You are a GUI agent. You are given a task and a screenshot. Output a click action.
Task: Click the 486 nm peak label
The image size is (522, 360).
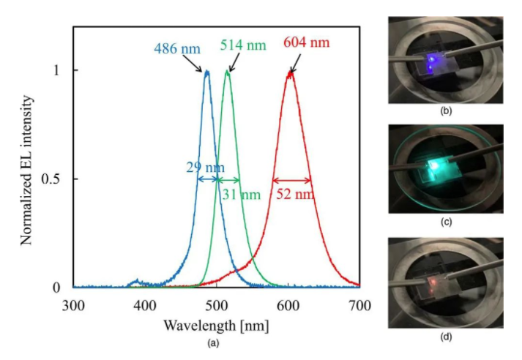[x=177, y=49]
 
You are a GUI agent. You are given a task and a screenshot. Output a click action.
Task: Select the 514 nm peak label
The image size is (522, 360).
[x=242, y=45]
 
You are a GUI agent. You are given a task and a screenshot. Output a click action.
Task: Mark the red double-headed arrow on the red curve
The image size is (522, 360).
[x=291, y=179]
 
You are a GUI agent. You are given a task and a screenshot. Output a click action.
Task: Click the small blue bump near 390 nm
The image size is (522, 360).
[x=134, y=282]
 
